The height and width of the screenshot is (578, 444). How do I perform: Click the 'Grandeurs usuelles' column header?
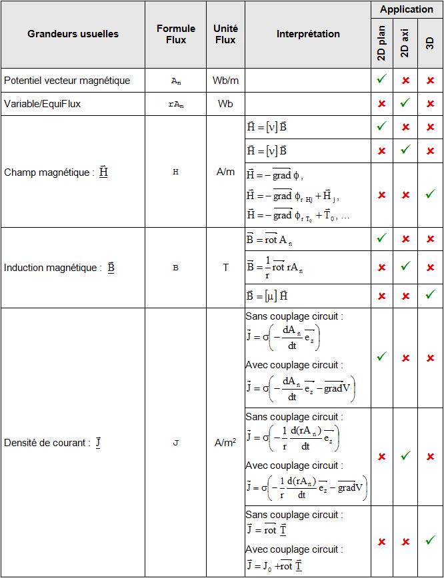[x=73, y=34]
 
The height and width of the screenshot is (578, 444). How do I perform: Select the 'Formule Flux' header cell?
[x=176, y=34]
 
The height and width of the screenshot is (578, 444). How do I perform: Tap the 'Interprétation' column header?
[x=308, y=34]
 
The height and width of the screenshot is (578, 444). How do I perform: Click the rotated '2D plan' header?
[x=381, y=43]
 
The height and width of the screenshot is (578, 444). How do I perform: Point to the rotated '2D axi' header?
[x=405, y=43]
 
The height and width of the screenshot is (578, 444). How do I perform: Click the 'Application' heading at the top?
[x=407, y=9]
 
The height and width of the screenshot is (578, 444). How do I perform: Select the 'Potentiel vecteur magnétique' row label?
[x=67, y=80]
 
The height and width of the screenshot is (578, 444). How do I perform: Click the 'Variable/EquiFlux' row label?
[x=43, y=104]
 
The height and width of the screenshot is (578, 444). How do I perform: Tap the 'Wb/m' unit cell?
[x=225, y=80]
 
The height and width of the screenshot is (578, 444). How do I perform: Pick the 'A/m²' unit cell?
[x=225, y=442]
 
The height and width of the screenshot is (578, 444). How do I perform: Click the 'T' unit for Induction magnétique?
[x=225, y=268]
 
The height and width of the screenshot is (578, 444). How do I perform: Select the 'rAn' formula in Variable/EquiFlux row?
[x=175, y=105]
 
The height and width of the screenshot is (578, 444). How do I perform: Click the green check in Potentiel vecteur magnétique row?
[x=381, y=79]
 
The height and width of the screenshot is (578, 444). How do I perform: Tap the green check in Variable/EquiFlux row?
[x=405, y=103]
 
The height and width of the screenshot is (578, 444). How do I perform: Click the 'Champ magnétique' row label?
[x=56, y=172]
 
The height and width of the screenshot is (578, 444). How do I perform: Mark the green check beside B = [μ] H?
[x=430, y=295]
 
